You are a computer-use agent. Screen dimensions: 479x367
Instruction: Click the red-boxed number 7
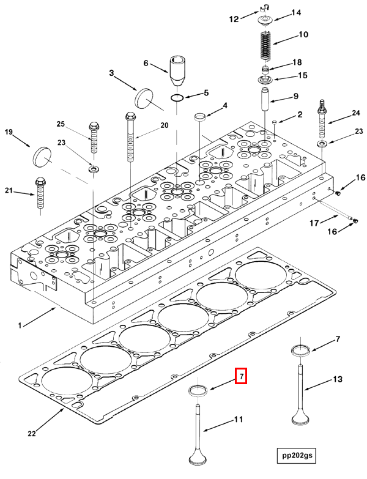[242, 376]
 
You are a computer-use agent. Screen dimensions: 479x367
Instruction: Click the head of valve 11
[199, 458]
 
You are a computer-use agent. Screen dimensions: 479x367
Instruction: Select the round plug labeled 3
[144, 97]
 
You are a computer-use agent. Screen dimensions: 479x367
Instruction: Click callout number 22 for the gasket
[32, 434]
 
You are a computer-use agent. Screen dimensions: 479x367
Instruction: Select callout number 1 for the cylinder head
[20, 325]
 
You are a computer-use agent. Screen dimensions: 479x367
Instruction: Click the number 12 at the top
[233, 20]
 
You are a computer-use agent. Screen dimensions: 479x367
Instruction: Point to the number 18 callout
[297, 63]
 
